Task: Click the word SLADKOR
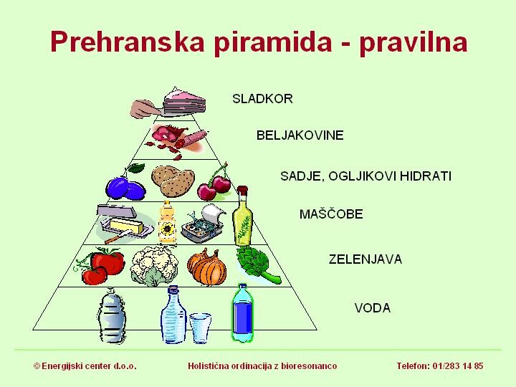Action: [262, 99]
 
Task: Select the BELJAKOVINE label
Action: [300, 135]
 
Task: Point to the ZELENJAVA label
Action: [365, 259]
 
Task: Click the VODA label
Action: [372, 308]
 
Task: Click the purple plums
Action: [125, 186]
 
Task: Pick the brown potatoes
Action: [173, 181]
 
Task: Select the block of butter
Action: [125, 228]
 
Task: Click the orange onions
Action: [207, 267]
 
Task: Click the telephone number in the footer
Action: [439, 366]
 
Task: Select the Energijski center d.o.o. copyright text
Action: [85, 366]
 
